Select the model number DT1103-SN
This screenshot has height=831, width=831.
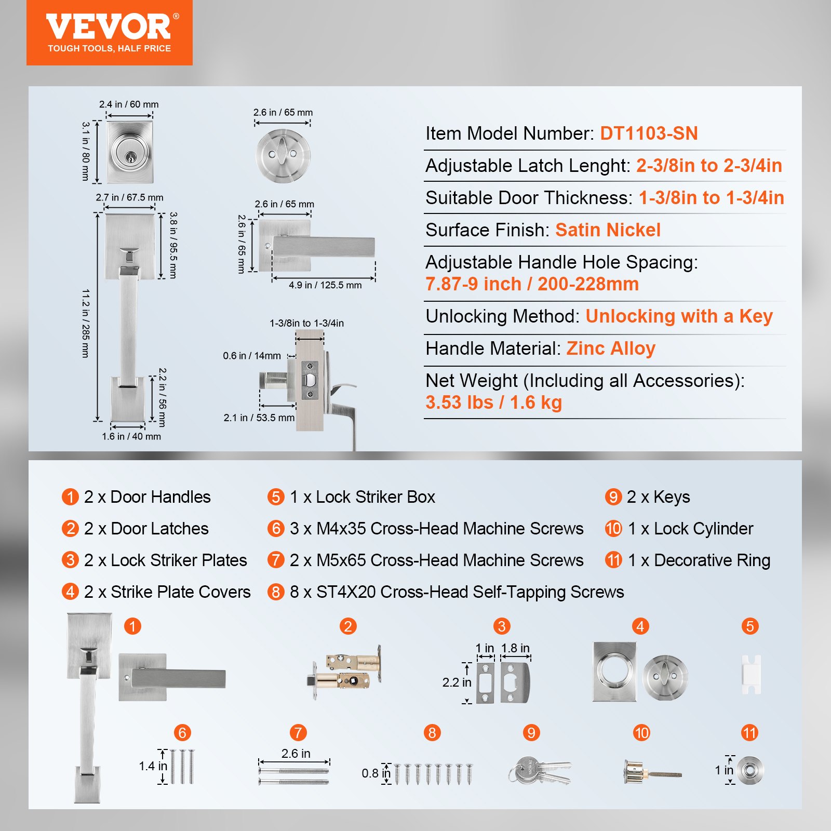pyautogui.click(x=649, y=133)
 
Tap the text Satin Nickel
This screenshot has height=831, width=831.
pyautogui.click(x=608, y=230)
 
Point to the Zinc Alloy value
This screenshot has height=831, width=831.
pyautogui.click(x=611, y=349)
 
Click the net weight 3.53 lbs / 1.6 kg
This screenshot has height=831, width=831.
pyautogui.click(x=493, y=403)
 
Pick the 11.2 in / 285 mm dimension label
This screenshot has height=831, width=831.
pyautogui.click(x=86, y=323)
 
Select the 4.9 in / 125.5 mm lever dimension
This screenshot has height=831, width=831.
pyautogui.click(x=325, y=285)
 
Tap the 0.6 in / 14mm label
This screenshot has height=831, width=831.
pyautogui.click(x=251, y=356)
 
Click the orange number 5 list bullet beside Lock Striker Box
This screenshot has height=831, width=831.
pyautogui.click(x=276, y=497)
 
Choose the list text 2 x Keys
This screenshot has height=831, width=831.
pyautogui.click(x=658, y=497)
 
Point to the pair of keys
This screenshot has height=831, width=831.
pyautogui.click(x=539, y=770)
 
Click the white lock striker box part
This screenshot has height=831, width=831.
pyautogui.click(x=751, y=674)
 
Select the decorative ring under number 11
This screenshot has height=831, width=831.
pyautogui.click(x=750, y=770)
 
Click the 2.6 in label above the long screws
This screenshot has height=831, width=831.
pyautogui.click(x=296, y=753)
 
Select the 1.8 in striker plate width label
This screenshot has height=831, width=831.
pyautogui.click(x=515, y=648)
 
